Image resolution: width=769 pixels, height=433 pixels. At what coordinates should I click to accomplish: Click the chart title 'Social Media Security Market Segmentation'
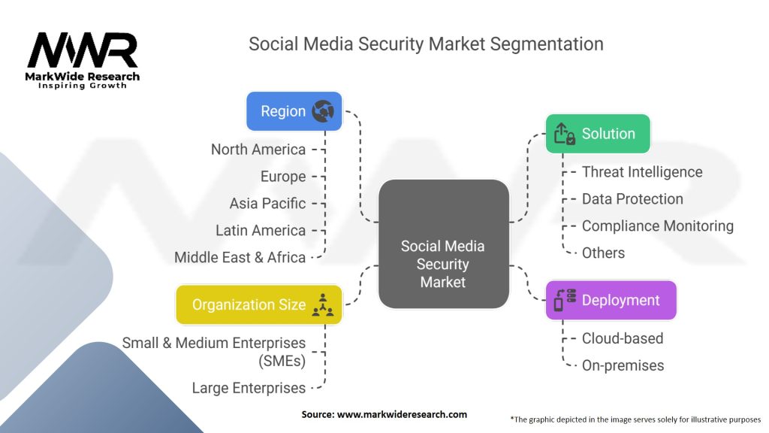coord(426,44)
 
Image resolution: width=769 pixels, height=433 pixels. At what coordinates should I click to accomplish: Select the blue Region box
coord(294,111)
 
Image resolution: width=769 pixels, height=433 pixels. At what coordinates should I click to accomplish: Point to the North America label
coord(258,150)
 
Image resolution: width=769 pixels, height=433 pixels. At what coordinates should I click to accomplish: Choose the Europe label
coord(283,177)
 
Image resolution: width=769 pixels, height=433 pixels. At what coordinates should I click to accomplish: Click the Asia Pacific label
coord(267,204)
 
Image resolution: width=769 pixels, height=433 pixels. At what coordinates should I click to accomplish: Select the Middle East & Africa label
coord(240,258)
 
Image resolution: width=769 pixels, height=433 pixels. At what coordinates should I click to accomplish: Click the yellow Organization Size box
coord(258,304)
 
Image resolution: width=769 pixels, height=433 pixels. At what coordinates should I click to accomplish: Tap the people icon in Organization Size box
coord(325,304)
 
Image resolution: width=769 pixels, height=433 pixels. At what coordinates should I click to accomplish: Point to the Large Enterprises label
coord(249,389)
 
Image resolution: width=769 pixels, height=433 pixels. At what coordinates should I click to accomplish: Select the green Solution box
coord(597,134)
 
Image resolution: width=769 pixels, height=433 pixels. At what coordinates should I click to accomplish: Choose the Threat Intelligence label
coord(642,172)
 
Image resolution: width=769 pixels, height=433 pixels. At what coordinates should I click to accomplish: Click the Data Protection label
coord(632,199)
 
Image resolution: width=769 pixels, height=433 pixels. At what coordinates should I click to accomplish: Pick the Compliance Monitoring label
coord(657,226)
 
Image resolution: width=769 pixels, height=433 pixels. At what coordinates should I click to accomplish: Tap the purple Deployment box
coord(611,301)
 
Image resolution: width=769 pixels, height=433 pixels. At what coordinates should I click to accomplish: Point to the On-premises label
coord(623,366)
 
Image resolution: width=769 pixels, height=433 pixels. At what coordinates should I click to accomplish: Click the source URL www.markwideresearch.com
coord(384,414)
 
